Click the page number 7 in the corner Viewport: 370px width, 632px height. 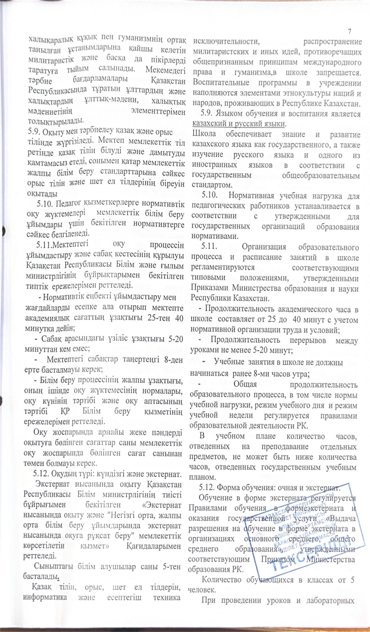(350, 31)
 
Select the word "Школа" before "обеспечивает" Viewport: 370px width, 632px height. (205, 135)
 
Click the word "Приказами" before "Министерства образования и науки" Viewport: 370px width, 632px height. (209, 289)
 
